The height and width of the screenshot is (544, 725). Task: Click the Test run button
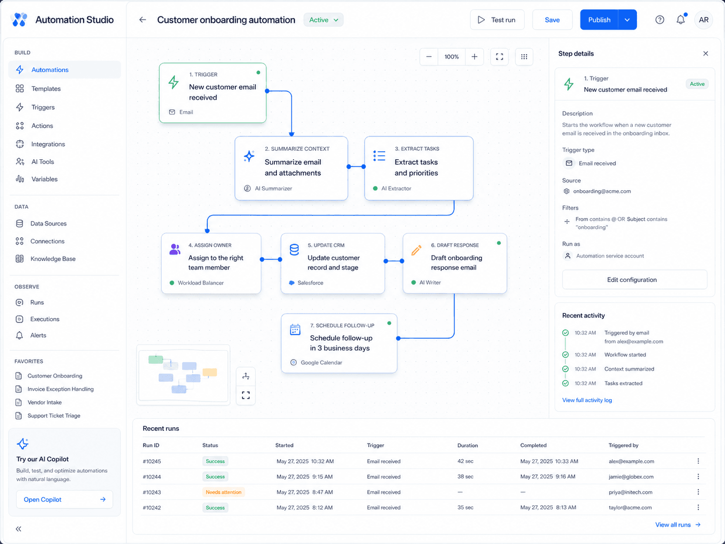click(497, 20)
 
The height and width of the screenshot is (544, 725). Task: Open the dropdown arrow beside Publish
click(627, 20)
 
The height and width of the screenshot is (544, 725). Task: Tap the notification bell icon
click(681, 20)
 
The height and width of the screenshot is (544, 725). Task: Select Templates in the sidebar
click(46, 89)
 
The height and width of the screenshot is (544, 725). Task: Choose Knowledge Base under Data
click(53, 258)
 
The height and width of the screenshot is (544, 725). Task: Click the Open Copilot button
click(65, 499)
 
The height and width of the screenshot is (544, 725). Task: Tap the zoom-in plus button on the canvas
click(474, 57)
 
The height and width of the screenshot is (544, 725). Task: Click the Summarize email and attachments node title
click(292, 167)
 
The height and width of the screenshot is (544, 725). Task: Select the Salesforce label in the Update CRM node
click(310, 283)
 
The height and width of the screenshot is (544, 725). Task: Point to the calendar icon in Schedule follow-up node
click(295, 330)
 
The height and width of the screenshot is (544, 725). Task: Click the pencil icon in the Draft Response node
click(416, 250)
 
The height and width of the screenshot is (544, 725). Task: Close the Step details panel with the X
click(705, 54)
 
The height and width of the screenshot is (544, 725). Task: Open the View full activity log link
click(587, 400)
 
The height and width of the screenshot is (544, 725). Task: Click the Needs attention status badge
click(223, 492)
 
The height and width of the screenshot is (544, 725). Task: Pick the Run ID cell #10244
click(152, 476)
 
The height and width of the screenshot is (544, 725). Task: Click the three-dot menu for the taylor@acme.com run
click(698, 507)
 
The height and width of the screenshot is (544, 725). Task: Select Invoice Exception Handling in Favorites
click(61, 389)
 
